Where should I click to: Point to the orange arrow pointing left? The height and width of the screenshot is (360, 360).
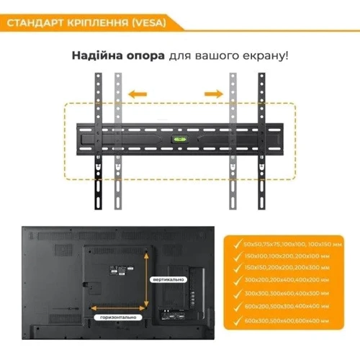[140, 93]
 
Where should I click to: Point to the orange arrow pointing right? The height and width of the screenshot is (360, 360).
[213, 93]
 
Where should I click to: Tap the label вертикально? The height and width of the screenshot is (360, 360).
[171, 279]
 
